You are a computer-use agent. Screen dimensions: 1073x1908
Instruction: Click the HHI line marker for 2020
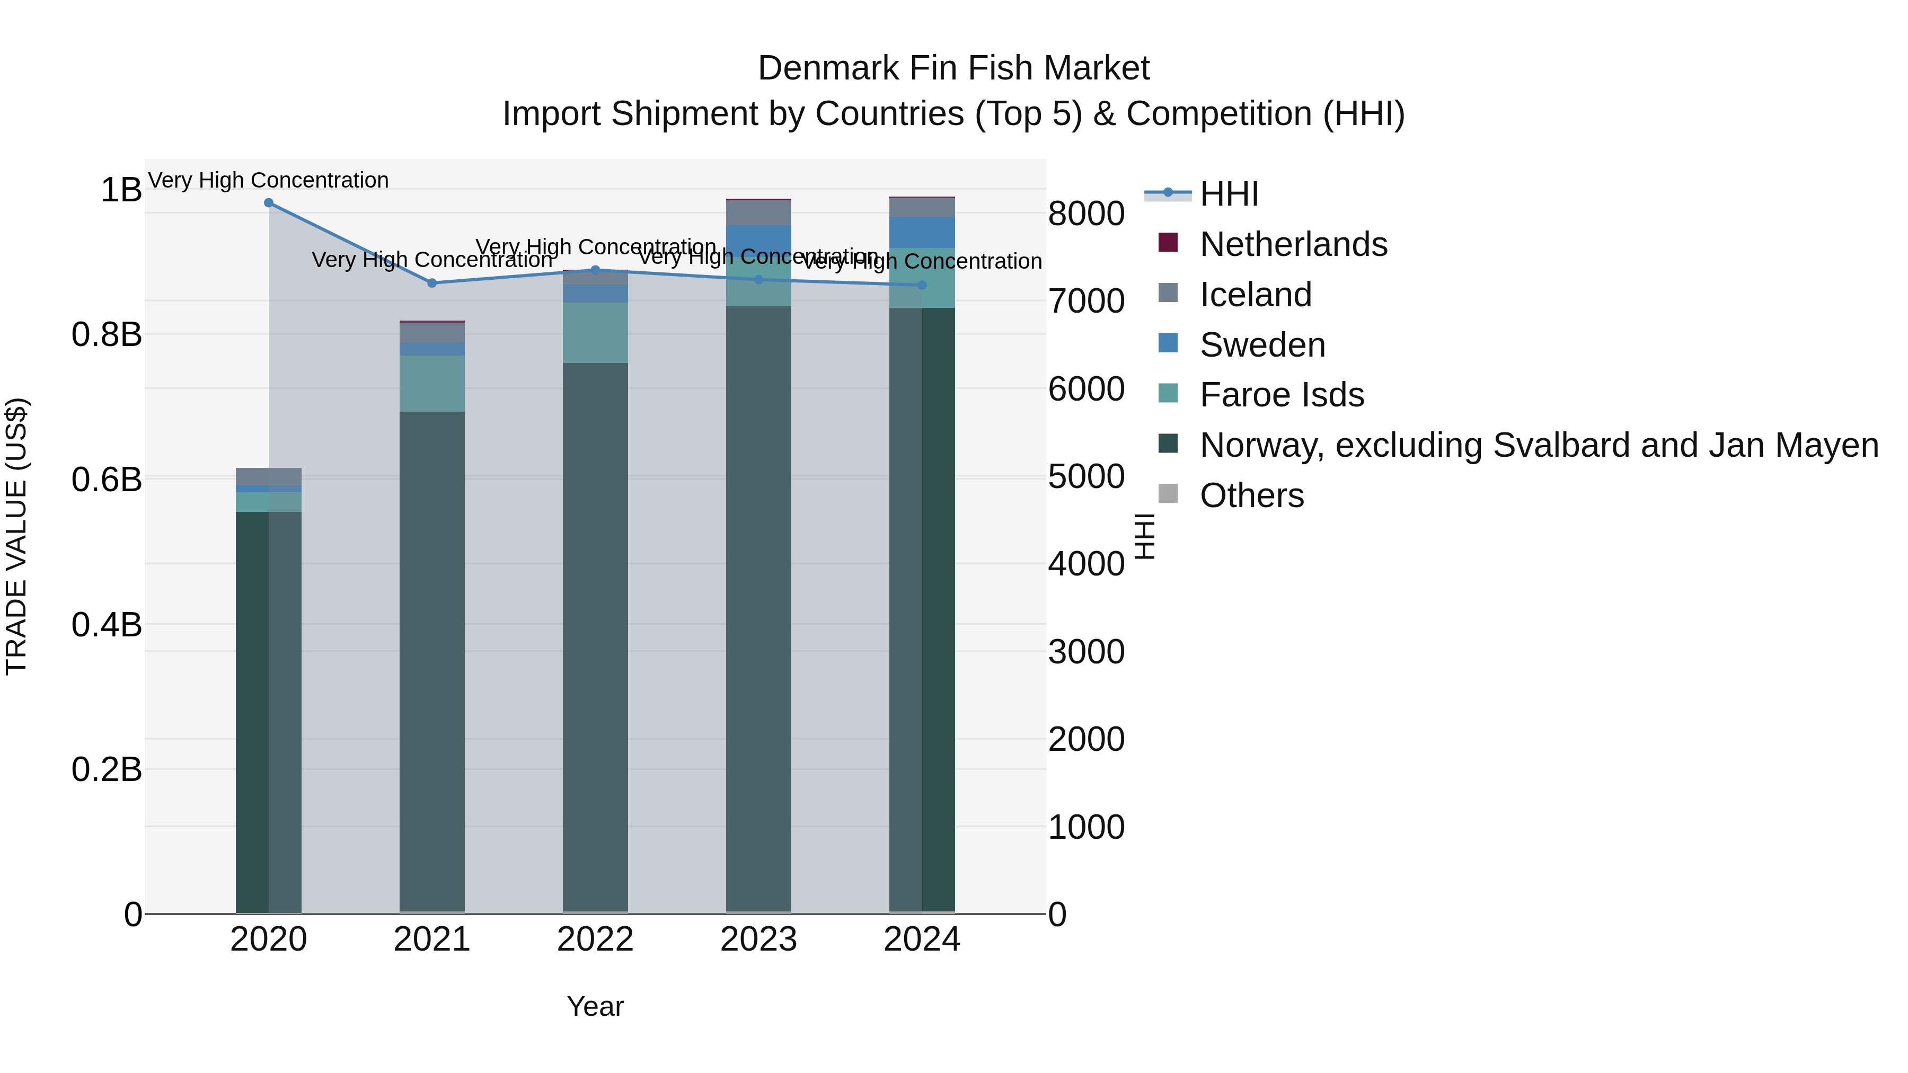pos(269,203)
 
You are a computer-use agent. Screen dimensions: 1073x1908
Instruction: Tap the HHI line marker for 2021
pos(432,283)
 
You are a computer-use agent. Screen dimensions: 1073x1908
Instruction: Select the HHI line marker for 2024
pos(922,285)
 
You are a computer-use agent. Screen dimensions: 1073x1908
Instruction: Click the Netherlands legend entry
pos(1293,244)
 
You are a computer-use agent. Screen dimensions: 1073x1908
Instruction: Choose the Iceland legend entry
pos(1256,295)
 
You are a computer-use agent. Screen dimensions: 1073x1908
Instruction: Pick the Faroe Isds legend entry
pos(1282,395)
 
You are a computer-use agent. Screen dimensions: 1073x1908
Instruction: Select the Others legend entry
pos(1252,495)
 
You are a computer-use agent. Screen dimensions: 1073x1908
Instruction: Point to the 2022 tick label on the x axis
pos(596,939)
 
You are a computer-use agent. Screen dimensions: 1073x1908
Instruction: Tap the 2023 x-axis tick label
pos(758,939)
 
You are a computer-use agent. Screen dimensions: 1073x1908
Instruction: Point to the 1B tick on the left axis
pos(121,190)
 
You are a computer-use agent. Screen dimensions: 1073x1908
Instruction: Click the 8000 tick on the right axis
pos(1086,214)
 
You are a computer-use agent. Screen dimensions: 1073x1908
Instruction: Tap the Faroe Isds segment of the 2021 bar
pos(432,384)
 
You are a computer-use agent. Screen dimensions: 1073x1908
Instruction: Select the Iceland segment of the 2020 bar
pos(269,477)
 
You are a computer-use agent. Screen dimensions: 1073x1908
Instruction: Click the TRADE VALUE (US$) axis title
pos(16,536)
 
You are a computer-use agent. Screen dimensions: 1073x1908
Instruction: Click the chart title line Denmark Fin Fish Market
pos(953,68)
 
